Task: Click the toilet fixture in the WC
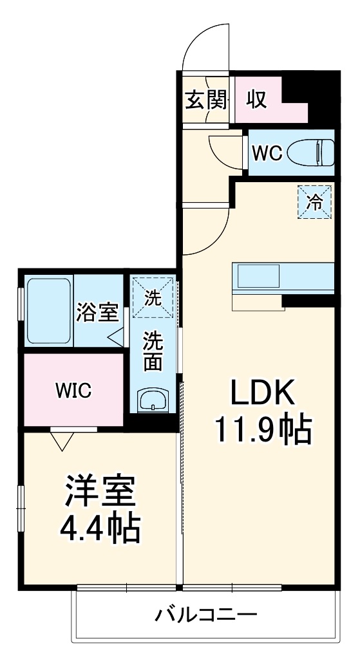point(311,153)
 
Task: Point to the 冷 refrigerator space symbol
point(314,202)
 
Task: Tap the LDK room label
point(262,392)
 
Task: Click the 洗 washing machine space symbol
point(153,297)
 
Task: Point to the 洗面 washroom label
point(153,351)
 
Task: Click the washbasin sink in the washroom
point(153,400)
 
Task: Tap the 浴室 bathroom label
point(97,313)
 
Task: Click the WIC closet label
point(73,390)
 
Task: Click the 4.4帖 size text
point(100,529)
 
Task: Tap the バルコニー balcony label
point(205,615)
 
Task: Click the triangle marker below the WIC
point(62,440)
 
